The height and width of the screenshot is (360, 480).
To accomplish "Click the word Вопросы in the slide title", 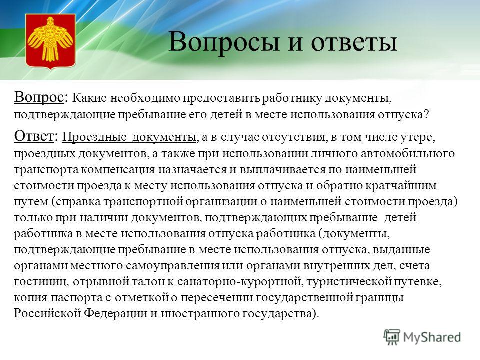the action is [x=224, y=42].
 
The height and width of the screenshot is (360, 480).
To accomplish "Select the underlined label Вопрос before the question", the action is [x=38, y=98].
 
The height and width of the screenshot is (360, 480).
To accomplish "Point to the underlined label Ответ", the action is [x=33, y=136].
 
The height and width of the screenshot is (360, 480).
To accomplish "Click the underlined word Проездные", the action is [x=94, y=137].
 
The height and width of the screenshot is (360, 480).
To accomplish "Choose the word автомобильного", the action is [x=408, y=153].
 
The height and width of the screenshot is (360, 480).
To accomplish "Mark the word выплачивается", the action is [x=281, y=170].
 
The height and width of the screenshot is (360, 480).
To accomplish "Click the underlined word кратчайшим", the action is [x=401, y=186].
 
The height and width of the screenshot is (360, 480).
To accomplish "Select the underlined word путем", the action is [x=31, y=202].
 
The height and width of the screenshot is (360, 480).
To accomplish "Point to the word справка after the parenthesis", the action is [x=78, y=202].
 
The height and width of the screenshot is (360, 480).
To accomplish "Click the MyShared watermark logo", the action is [x=422, y=337].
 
